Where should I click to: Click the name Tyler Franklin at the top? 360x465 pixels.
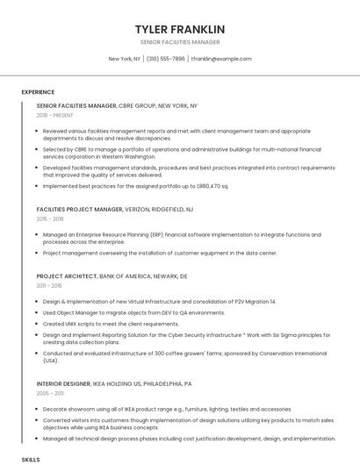[x=180, y=29]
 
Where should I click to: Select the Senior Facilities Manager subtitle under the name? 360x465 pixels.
[x=180, y=42]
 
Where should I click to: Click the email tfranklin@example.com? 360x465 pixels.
[x=221, y=59]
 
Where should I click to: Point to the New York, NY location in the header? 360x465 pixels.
[x=125, y=59]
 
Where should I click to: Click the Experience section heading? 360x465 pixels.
[x=38, y=92]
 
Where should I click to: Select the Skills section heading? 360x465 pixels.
[x=31, y=459]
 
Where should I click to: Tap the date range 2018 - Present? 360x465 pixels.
[x=55, y=115]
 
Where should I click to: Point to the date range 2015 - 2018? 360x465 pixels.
[x=50, y=219]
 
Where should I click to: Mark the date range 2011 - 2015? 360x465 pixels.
[x=49, y=285]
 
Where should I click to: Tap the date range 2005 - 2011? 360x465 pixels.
[x=49, y=393]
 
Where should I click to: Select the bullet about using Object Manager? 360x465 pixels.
[x=133, y=312]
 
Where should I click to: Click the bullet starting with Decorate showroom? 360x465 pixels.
[x=167, y=409]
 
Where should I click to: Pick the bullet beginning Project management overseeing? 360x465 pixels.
[x=159, y=253]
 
